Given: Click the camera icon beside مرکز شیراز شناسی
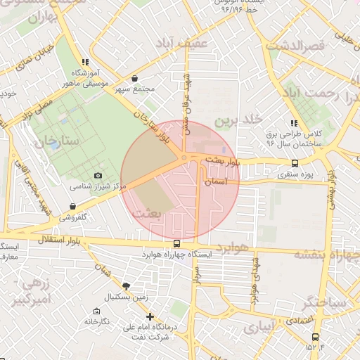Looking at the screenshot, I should coord(98,176).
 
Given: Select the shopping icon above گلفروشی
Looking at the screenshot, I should coord(73,206).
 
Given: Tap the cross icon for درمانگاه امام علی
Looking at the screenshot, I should coord(150,316).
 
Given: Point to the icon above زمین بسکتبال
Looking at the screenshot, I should coord(126,285).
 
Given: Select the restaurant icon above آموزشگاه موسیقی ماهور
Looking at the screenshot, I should coord(86,62).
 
